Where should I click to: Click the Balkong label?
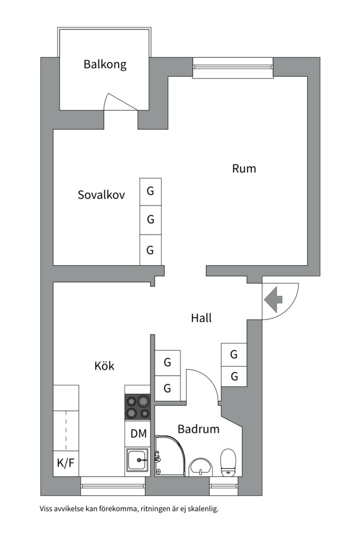coord(105,64)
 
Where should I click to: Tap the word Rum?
coord(244,168)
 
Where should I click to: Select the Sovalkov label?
coord(101,195)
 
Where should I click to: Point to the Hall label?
coord(201,318)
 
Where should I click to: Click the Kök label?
coord(104,366)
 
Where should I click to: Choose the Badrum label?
coord(198,429)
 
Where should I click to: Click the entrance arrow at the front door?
coord(273,300)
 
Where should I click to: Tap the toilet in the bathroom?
coord(228,462)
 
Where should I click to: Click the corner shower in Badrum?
coord(169,455)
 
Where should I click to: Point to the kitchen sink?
coord(137,459)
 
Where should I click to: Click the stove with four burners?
coord(137,407)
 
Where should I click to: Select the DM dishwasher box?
coord(138,433)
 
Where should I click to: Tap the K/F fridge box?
coord(65,463)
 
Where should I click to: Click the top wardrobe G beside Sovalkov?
coord(150,191)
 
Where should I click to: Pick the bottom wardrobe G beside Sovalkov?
coord(150,250)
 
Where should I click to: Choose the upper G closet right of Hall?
coord(234,355)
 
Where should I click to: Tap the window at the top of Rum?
coord(232,68)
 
